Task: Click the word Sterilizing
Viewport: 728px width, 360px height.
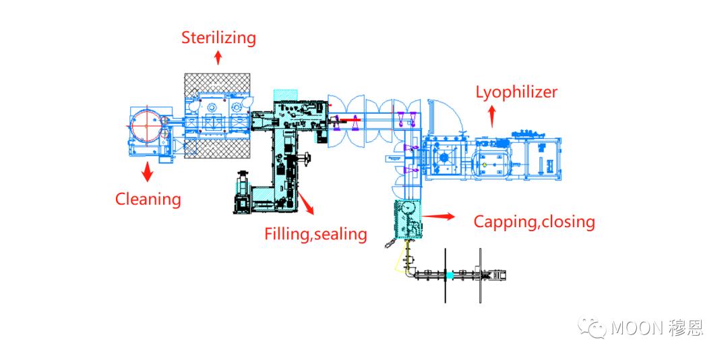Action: coord(218,37)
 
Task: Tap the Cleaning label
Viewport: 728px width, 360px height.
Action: coord(148,200)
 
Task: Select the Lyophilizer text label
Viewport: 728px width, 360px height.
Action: coord(516,92)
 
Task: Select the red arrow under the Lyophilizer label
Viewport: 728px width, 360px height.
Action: coord(491,119)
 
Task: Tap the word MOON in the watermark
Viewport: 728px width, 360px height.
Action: coord(637,328)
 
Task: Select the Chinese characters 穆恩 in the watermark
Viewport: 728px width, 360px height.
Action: coord(686,328)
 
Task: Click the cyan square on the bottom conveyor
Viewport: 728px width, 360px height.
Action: coord(450,275)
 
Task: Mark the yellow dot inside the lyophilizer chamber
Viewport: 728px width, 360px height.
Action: coord(484,164)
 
